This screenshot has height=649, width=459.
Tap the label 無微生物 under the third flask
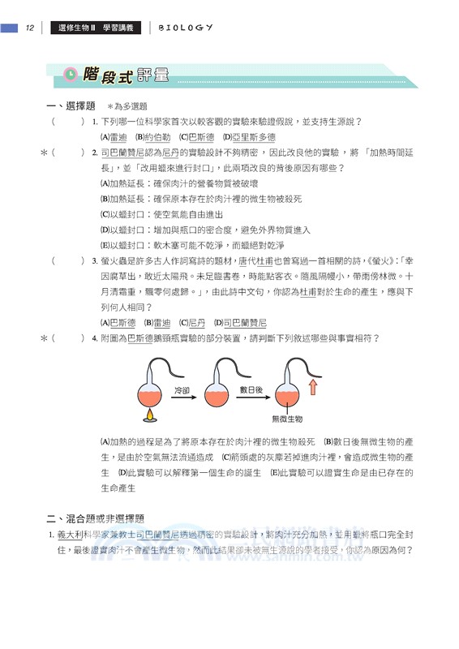[x=286, y=420]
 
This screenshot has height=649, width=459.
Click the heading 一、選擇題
[x=71, y=106]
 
